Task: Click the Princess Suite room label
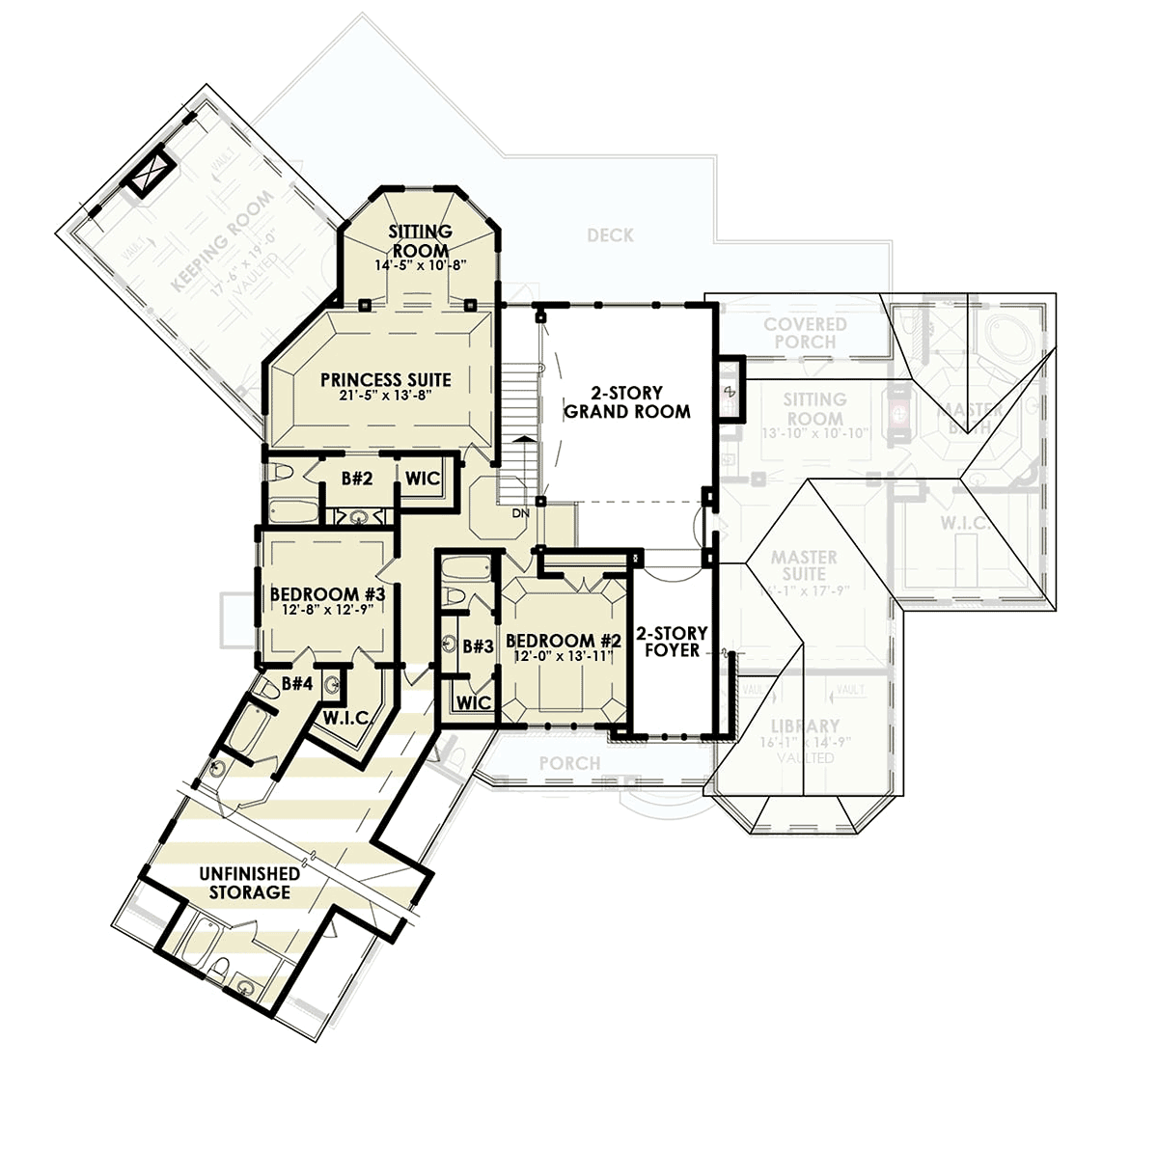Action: coord(386,379)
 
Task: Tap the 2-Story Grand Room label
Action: coord(627,402)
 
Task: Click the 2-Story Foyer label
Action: coord(672,642)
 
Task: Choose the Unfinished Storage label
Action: coord(250,883)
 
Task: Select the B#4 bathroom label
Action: coord(296,684)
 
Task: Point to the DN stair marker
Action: coord(521,513)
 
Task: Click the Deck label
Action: coord(610,234)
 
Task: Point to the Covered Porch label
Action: coord(805,333)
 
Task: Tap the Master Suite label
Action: coord(804,565)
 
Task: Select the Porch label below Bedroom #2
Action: coord(569,763)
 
